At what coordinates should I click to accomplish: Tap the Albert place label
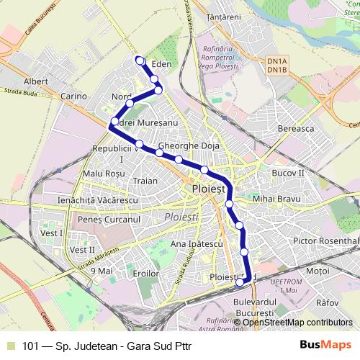35,82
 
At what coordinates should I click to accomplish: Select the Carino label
73,96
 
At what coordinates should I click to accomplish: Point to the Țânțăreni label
222,15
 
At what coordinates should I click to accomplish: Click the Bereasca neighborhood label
294,128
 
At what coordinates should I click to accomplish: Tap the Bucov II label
289,174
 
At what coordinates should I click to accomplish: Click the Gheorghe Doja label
188,145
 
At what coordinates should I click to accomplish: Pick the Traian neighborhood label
145,181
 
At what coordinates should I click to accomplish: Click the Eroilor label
145,274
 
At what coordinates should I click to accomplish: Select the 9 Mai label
102,271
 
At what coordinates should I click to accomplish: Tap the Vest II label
83,250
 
